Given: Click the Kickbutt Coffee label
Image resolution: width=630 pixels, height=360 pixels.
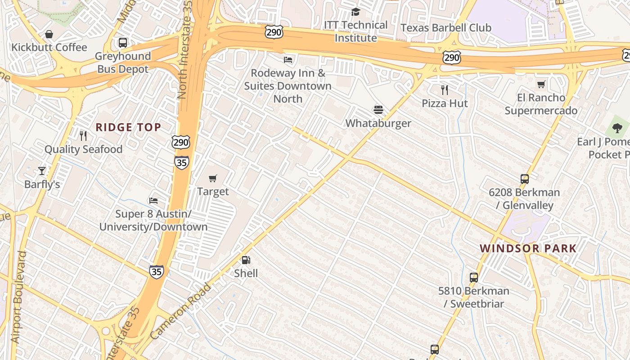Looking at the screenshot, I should point(49,47).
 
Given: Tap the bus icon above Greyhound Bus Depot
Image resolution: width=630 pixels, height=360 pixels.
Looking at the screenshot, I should point(122,43).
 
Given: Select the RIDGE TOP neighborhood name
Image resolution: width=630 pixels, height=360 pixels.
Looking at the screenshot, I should point(128,127).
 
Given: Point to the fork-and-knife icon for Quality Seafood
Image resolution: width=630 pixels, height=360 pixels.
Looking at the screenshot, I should point(83,135).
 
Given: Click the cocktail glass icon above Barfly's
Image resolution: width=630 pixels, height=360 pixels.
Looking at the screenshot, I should point(42,171).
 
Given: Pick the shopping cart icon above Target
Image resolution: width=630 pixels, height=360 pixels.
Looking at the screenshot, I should point(213,178).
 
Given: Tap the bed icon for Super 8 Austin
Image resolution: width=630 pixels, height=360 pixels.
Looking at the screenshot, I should point(153,200).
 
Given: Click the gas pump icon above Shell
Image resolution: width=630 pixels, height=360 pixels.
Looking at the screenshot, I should point(246,260).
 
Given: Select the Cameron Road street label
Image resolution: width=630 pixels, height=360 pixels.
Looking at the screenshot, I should point(180,311).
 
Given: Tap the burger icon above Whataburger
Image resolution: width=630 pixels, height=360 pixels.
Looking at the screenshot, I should point(378,109).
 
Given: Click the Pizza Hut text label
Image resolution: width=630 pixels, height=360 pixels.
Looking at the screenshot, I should point(445,103).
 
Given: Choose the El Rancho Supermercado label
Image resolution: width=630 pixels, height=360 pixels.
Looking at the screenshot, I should point(541,104).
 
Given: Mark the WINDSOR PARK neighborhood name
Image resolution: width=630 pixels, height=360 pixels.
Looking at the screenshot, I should point(528,248).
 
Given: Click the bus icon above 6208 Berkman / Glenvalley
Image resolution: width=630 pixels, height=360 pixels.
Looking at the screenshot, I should point(524,179).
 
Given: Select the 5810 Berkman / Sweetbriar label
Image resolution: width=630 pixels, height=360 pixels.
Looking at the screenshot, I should point(474,297).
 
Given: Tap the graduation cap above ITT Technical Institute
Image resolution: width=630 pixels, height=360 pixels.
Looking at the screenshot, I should point(355,12).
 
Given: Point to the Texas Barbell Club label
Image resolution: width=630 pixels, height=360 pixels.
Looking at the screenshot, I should point(446,28).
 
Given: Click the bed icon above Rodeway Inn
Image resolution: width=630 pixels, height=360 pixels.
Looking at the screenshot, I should point(288,59).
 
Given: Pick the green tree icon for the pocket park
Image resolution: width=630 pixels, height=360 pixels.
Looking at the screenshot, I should point(617,128).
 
